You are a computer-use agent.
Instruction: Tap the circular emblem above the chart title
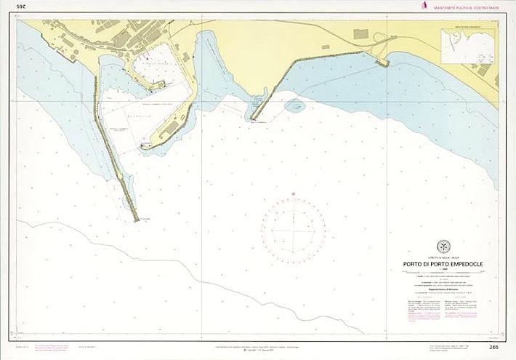(443, 246)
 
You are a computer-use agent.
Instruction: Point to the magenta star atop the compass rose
(293, 194)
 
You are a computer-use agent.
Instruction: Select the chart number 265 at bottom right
(493, 348)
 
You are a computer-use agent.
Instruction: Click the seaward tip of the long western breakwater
(136, 218)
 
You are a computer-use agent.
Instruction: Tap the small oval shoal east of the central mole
(295, 106)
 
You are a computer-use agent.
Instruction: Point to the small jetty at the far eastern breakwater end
(382, 63)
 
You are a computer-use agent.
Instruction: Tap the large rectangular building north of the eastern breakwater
(361, 34)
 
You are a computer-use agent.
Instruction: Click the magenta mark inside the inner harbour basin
(148, 56)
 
